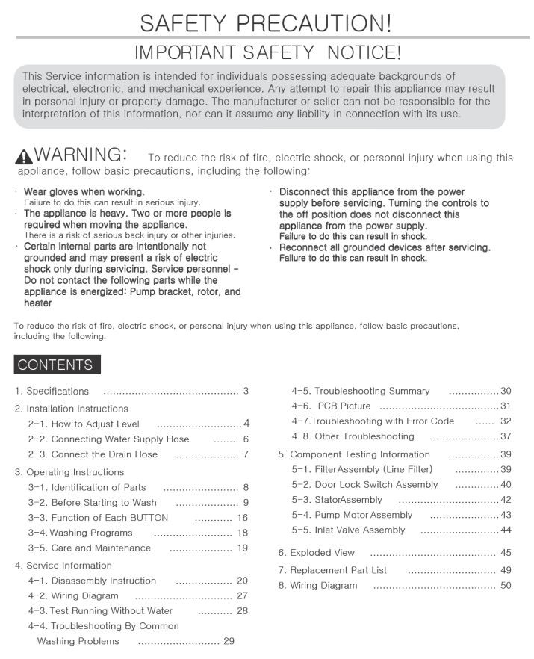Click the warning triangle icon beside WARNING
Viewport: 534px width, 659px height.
(23, 156)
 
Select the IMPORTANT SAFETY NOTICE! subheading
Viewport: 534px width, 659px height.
(267, 52)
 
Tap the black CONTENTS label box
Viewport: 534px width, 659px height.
(55, 365)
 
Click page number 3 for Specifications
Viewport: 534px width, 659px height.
(246, 391)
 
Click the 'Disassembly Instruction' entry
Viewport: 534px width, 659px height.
(92, 581)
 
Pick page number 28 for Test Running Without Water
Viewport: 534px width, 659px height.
(242, 610)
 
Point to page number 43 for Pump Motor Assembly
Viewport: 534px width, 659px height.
(506, 515)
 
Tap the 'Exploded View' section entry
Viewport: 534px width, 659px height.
(317, 553)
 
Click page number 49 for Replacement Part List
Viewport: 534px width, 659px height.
(506, 570)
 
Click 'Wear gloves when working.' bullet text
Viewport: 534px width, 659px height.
(84, 192)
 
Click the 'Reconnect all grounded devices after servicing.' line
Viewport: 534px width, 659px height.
(385, 247)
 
